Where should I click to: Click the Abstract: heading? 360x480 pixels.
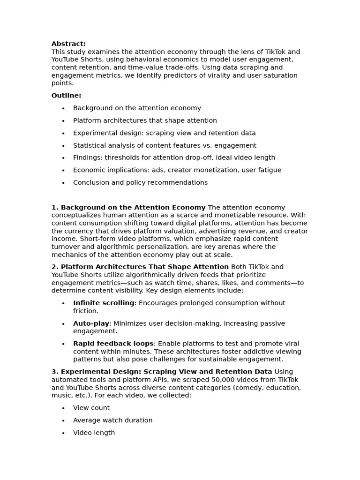click(x=68, y=44)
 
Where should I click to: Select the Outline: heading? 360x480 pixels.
click(x=66, y=96)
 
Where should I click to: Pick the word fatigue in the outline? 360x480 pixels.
click(x=269, y=170)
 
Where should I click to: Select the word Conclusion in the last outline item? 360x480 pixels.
click(x=91, y=183)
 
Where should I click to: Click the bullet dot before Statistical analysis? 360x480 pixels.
click(x=63, y=146)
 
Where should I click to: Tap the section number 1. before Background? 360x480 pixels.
click(x=55, y=208)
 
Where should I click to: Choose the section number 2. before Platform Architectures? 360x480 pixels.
click(x=55, y=267)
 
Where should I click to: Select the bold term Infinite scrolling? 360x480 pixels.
click(x=104, y=303)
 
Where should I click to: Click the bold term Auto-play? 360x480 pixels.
click(x=91, y=323)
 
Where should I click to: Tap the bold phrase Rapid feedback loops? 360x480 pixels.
click(x=113, y=344)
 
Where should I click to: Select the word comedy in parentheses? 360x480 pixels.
click(x=232, y=388)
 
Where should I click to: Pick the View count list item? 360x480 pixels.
click(x=91, y=408)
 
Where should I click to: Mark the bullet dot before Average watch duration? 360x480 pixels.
click(x=63, y=421)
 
